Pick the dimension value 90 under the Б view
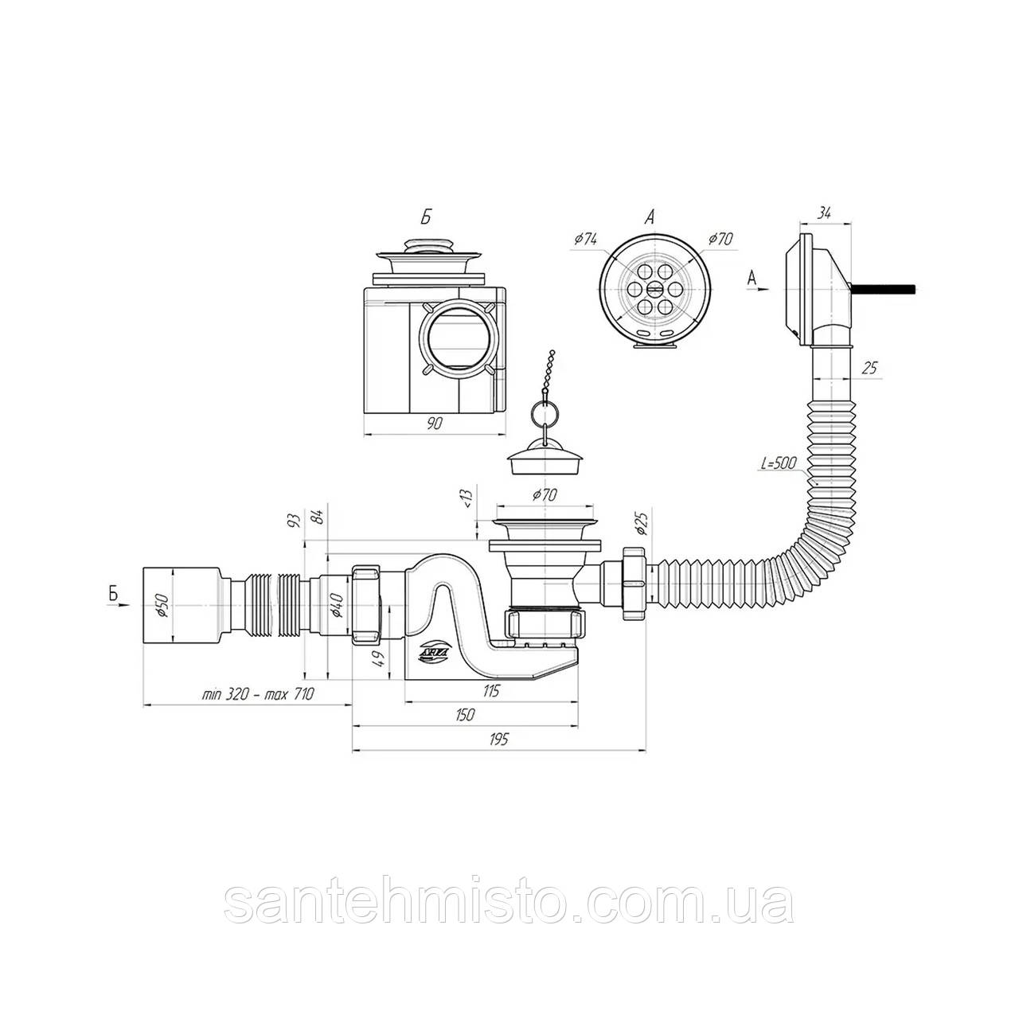tap(434, 424)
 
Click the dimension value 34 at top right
tap(824, 212)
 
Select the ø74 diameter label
tap(585, 238)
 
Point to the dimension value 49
tap(379, 658)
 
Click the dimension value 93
tap(294, 521)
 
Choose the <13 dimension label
tap(467, 499)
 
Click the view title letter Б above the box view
tap(427, 218)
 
